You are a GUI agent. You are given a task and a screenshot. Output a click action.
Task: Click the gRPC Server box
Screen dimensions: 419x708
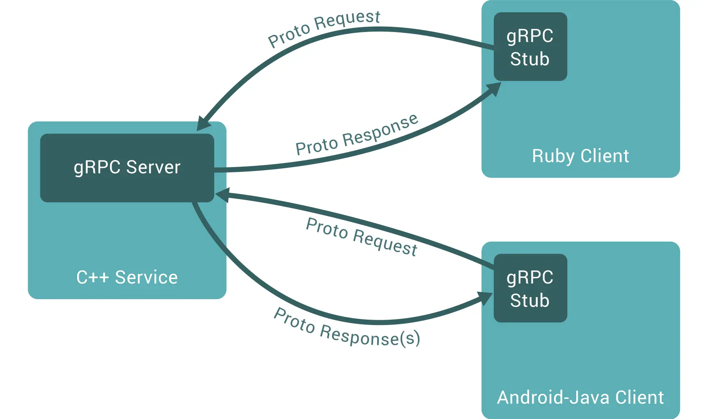point(127,167)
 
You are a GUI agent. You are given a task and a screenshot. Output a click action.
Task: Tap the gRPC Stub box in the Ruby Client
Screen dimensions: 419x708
point(530,46)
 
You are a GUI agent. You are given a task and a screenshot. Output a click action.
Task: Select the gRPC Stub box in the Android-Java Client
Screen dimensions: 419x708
point(530,288)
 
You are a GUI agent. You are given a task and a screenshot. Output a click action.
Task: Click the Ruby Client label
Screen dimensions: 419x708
point(580,156)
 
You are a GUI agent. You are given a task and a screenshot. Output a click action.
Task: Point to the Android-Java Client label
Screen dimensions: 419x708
point(580,397)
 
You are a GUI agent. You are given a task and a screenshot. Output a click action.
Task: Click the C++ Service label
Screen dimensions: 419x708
point(127,277)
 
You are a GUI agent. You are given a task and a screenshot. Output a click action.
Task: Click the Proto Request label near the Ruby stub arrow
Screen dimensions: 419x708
point(324,28)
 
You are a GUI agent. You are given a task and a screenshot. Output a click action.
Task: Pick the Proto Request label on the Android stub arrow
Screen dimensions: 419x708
point(362,237)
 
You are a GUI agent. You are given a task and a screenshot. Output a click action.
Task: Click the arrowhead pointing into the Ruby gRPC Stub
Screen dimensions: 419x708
point(494,89)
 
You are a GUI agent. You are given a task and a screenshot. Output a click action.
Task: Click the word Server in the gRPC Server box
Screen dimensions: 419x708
point(153,167)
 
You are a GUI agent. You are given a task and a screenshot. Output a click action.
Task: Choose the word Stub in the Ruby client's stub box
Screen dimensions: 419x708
point(530,59)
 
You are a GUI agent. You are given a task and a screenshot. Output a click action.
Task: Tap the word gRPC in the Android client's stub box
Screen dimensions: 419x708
point(530,277)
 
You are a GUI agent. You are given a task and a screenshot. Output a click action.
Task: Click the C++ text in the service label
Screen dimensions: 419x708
point(92,277)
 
